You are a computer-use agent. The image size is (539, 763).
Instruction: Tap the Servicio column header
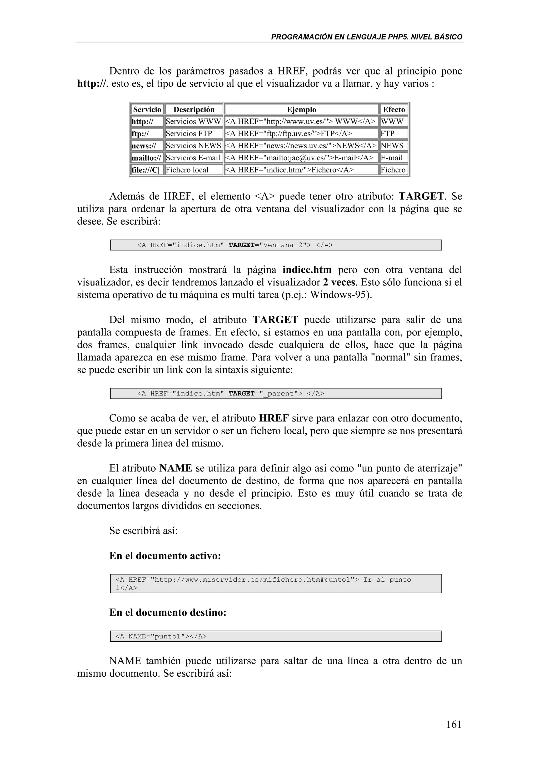[x=147, y=109]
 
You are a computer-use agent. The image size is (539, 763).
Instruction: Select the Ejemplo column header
[x=301, y=109]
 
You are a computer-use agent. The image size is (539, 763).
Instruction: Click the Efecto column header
[x=394, y=109]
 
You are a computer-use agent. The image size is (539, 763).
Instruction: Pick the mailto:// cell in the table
[x=146, y=158]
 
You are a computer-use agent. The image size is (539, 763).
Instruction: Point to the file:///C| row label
[x=146, y=170]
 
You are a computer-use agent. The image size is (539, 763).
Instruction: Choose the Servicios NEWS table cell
[x=193, y=146]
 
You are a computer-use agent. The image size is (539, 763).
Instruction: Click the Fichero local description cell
[x=187, y=170]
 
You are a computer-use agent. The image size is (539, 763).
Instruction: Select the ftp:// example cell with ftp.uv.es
[x=289, y=133]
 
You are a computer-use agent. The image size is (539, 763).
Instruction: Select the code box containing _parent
[x=276, y=393]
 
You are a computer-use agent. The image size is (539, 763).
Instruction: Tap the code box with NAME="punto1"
[x=276, y=636]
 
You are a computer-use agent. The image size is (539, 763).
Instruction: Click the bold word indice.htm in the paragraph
[x=307, y=270]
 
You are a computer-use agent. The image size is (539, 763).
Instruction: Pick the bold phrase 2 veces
[x=339, y=282]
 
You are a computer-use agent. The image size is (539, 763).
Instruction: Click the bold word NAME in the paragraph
[x=176, y=468]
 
